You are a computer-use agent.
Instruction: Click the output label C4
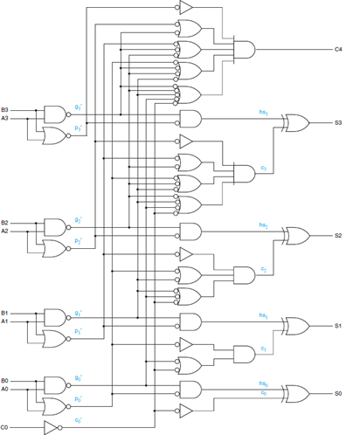338,49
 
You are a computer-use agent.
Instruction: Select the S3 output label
338,123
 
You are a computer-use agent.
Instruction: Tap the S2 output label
338,236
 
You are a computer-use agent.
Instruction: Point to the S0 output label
338,393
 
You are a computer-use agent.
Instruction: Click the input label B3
5,109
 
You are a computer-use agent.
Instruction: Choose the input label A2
5,231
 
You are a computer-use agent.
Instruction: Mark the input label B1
5,312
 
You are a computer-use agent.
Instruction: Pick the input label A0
5,389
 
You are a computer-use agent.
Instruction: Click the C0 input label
5,427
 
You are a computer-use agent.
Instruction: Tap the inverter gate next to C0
53,427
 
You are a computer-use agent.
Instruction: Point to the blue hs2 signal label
263,225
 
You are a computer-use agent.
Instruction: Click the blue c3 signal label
263,167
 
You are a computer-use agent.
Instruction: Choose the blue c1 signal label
263,348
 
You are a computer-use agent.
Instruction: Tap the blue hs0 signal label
263,383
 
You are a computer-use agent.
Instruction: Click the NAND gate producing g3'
54,114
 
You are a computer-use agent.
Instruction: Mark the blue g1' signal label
79,312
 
